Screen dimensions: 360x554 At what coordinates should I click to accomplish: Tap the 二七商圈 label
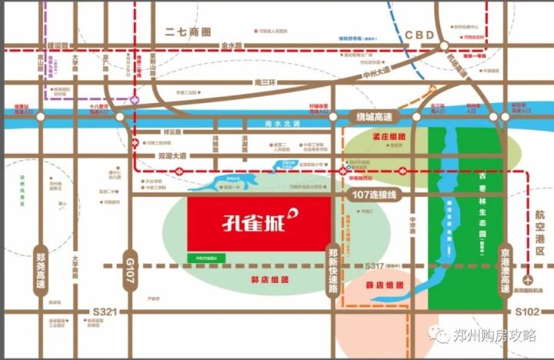point(189,32)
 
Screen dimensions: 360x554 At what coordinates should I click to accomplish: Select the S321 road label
point(102,311)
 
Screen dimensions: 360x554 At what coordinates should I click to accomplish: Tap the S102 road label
point(530,311)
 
